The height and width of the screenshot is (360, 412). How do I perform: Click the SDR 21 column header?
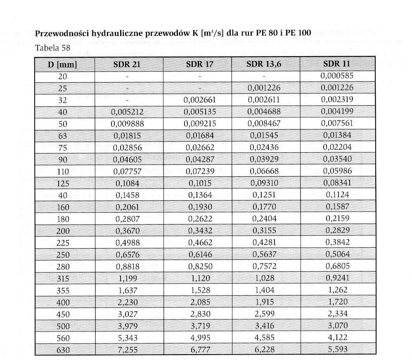click(x=128, y=64)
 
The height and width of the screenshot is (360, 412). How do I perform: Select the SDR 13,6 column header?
click(x=264, y=64)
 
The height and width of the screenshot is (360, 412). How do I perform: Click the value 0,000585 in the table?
click(x=337, y=76)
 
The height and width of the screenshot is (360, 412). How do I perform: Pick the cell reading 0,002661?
click(x=200, y=100)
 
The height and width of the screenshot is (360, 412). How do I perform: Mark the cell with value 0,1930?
click(x=200, y=207)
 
